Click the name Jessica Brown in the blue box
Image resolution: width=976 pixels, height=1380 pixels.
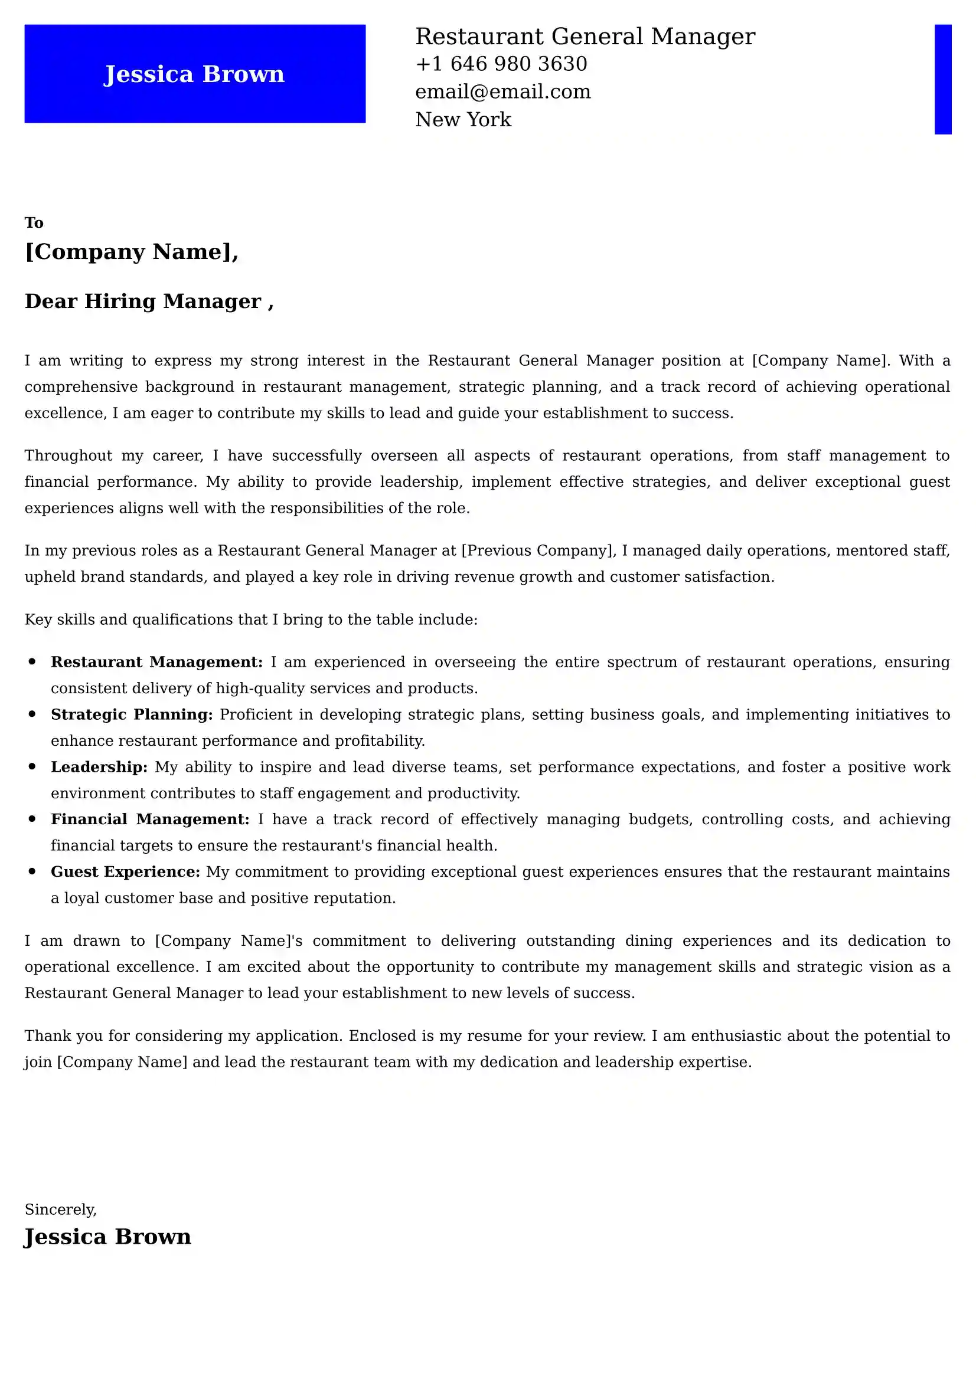(194, 74)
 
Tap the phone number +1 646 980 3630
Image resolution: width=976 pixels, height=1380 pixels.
(501, 64)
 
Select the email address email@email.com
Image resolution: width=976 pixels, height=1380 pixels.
(502, 91)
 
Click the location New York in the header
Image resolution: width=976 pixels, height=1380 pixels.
(463, 120)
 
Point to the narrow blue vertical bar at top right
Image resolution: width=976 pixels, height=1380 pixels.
(942, 78)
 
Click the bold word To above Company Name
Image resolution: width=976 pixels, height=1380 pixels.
(34, 223)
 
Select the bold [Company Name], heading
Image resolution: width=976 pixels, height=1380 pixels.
(131, 251)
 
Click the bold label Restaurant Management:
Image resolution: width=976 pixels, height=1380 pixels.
(156, 662)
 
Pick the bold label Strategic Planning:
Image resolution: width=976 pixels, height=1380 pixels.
(132, 714)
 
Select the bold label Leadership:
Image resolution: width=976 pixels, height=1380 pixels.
(99, 767)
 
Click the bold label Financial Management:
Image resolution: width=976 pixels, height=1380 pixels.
(150, 820)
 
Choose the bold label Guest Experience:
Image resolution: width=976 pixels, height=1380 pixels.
(125, 871)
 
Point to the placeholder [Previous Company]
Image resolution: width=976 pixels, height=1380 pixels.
(538, 550)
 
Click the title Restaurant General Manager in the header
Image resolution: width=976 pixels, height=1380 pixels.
(585, 37)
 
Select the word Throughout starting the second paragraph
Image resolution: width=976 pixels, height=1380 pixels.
(68, 455)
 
